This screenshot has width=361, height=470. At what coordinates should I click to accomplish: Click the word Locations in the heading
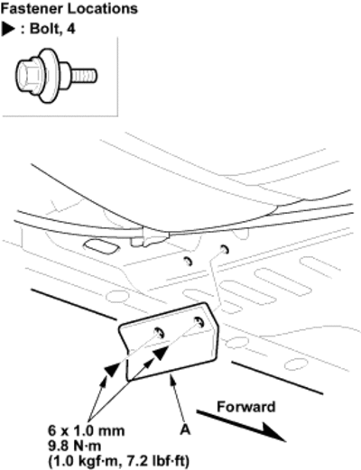tap(102, 9)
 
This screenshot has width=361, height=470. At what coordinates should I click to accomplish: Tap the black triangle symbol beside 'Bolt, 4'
tap(8, 29)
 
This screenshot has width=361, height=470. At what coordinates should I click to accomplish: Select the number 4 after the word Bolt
tap(71, 29)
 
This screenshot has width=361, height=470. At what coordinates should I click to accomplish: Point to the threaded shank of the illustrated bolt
tap(85, 76)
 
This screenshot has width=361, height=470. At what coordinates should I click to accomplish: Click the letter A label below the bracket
tap(185, 430)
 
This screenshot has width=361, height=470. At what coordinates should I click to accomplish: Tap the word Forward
tap(246, 407)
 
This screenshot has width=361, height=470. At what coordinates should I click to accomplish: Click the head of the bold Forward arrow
tap(273, 432)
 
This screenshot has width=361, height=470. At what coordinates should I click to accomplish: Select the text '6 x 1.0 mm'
tap(87, 431)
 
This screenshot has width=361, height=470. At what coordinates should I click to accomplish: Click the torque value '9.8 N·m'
tap(75, 446)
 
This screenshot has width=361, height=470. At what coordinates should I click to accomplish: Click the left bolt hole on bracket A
tap(160, 333)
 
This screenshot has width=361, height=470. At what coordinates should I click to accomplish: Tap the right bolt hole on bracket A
tap(199, 322)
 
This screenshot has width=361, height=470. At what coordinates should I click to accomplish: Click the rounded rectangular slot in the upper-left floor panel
tap(101, 246)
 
